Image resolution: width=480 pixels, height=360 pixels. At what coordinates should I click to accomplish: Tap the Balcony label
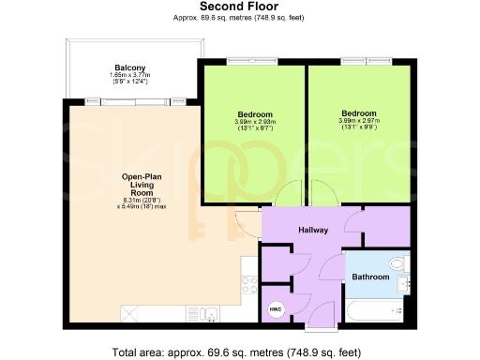click(x=129, y=67)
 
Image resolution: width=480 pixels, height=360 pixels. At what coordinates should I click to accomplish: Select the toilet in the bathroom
click(x=399, y=262)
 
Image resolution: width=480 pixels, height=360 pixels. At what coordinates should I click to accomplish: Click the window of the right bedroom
click(x=359, y=62)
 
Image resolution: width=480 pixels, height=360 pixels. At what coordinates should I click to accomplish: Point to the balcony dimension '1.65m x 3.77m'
click(x=129, y=76)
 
